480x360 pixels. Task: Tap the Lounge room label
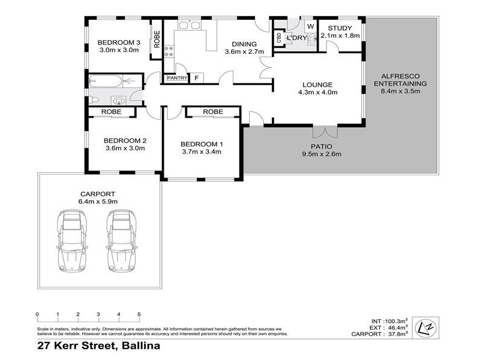point(317,85)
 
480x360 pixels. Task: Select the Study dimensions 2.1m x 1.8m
point(340,35)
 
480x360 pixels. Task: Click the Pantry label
point(177,78)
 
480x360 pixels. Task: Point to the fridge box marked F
point(197,78)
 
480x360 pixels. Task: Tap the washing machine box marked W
point(310,26)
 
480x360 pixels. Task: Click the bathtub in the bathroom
point(106,81)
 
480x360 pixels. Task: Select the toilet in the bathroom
point(94,100)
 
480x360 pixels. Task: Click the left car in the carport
point(72,241)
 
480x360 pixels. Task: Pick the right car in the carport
point(122,241)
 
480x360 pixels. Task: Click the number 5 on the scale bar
point(139,314)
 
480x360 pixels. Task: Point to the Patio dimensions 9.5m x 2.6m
point(322,154)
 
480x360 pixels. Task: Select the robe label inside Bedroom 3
point(157,39)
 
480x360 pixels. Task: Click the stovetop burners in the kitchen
point(169,52)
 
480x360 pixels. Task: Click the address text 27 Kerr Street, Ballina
point(98,346)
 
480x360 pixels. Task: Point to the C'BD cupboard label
point(279,38)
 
